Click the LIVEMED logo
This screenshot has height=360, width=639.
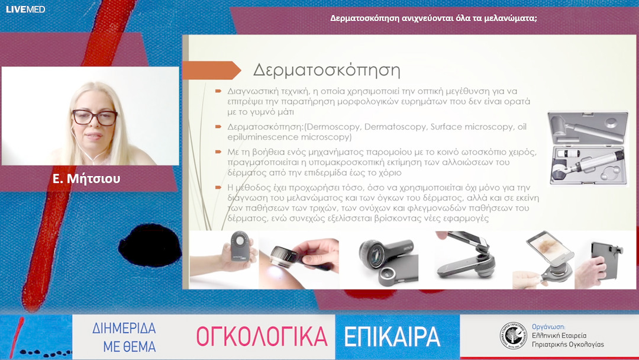coord(25,9)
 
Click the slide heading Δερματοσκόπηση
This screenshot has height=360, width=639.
coord(327,70)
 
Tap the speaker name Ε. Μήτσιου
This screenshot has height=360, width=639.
coord(86,178)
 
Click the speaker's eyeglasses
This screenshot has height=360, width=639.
coord(95,117)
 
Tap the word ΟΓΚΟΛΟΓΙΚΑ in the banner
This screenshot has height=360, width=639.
coord(262,336)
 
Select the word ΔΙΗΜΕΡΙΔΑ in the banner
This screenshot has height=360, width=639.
coord(124,329)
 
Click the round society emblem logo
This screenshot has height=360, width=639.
coord(512,336)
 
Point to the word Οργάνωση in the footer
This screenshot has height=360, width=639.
coord(548,326)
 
